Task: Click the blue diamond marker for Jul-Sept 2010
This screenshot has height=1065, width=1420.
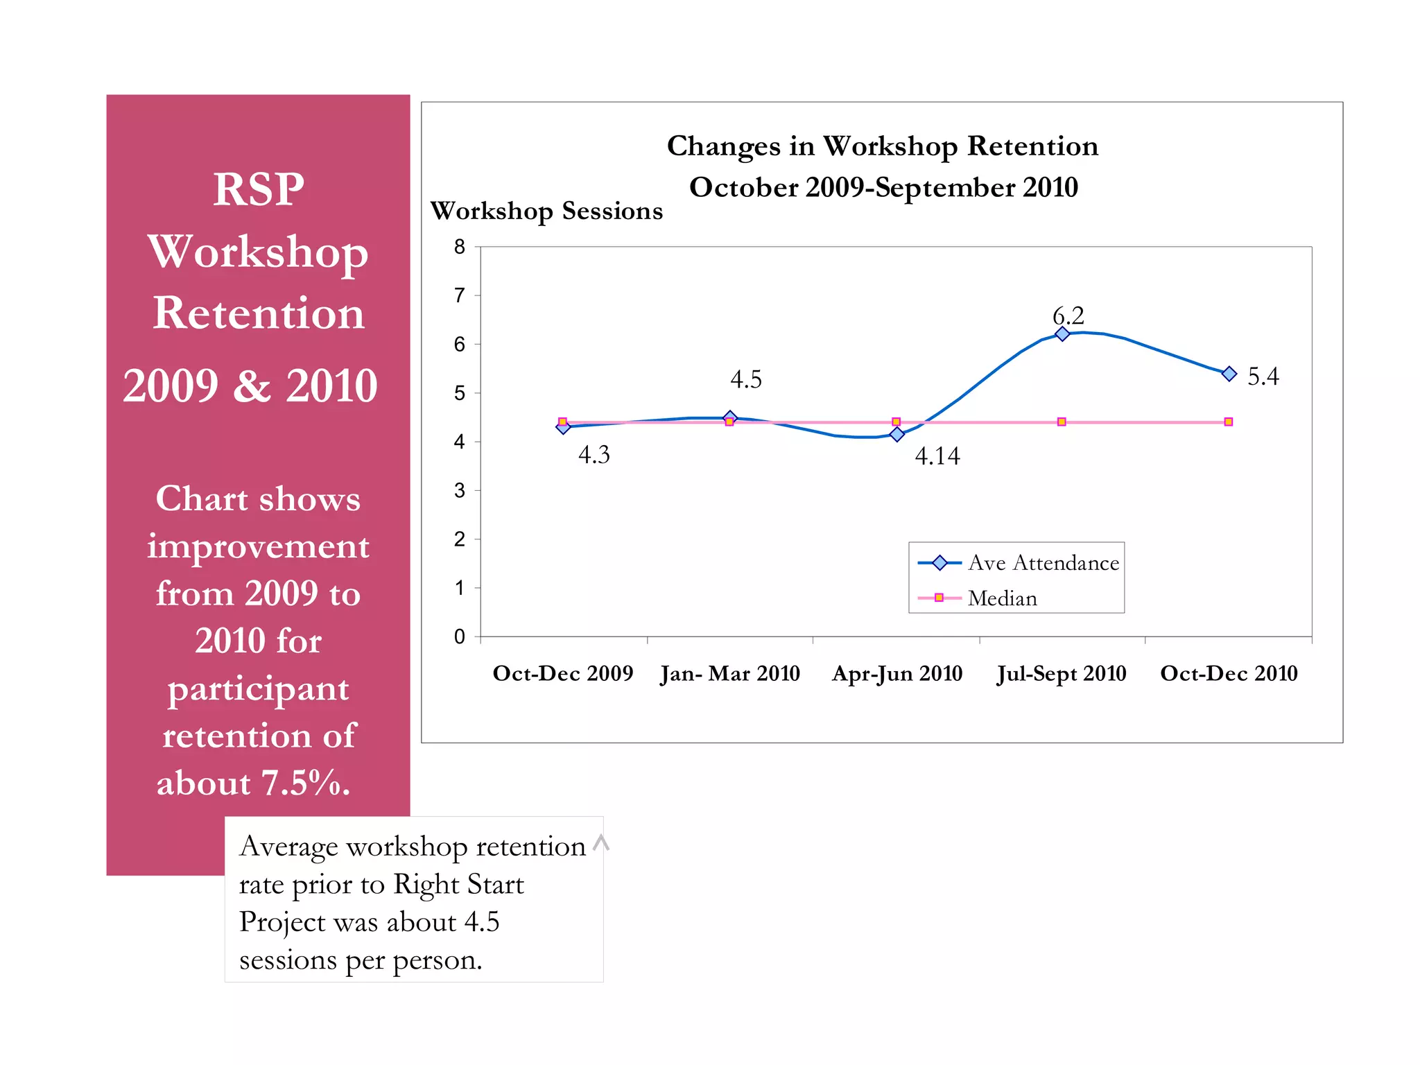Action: (x=1062, y=334)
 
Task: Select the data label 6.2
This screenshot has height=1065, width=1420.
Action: (x=1068, y=315)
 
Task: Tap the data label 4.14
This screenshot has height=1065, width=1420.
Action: (x=937, y=456)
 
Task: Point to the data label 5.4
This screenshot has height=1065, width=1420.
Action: (x=1263, y=376)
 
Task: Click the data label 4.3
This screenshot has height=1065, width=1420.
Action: (x=594, y=455)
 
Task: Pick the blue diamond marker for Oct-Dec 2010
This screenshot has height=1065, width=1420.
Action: (x=1229, y=374)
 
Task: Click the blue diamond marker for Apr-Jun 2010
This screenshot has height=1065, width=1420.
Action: (x=897, y=434)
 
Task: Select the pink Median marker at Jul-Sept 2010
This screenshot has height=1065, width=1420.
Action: (x=1062, y=422)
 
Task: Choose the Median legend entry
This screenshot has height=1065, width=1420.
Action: (x=1002, y=598)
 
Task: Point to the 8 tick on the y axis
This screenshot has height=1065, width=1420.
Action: (x=459, y=247)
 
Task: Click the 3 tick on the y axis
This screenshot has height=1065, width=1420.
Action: (x=459, y=491)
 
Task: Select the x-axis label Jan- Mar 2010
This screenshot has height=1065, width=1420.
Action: (x=729, y=673)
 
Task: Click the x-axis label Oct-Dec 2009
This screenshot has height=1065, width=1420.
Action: (x=562, y=673)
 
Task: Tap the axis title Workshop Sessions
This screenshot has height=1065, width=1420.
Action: (x=546, y=211)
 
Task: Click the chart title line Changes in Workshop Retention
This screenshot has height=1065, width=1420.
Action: (x=882, y=146)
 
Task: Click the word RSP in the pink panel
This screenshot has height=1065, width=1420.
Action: (x=258, y=189)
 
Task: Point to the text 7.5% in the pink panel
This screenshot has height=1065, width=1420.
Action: (x=305, y=783)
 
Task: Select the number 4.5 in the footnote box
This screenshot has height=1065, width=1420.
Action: (x=481, y=922)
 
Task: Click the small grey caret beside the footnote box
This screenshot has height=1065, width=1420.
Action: (x=601, y=842)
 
